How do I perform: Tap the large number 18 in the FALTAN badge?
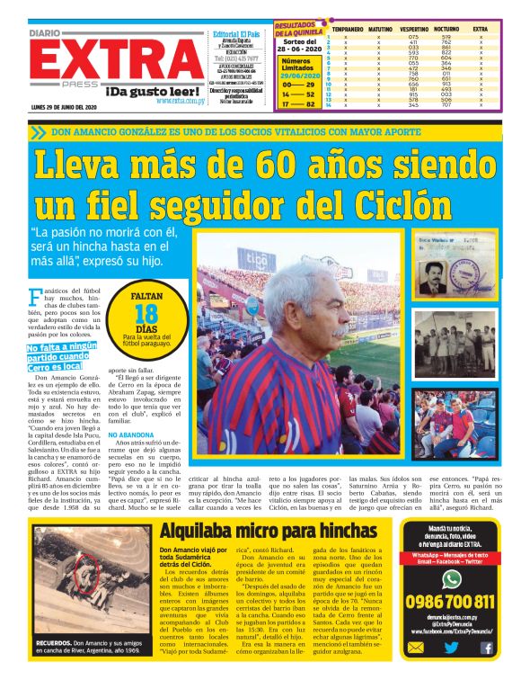click(146, 313)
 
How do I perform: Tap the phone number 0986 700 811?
click(451, 601)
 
